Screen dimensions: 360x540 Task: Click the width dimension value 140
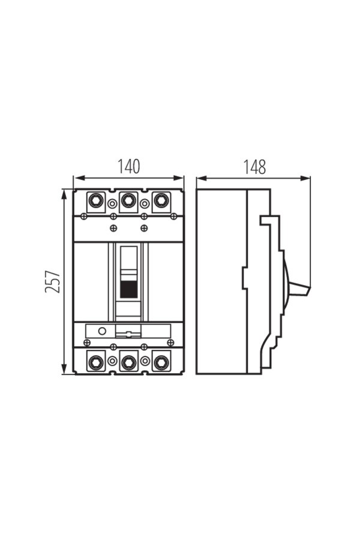pyautogui.click(x=129, y=166)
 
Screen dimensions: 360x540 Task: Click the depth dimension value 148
pyautogui.click(x=255, y=167)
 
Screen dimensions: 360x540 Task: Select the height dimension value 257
pyautogui.click(x=53, y=282)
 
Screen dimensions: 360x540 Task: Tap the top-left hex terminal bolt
pyautogui.click(x=95, y=200)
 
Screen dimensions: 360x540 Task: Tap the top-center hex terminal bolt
pyautogui.click(x=128, y=200)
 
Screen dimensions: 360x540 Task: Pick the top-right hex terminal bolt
pyautogui.click(x=161, y=200)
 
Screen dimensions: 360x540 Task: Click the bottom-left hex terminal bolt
pyautogui.click(x=95, y=362)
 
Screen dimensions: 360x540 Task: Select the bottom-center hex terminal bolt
pyautogui.click(x=128, y=362)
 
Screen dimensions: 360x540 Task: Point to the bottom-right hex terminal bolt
pyautogui.click(x=161, y=362)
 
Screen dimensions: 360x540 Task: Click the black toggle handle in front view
pyautogui.click(x=128, y=289)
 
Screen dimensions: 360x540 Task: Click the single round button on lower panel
pyautogui.click(x=102, y=331)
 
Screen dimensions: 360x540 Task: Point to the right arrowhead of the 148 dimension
pyautogui.click(x=305, y=178)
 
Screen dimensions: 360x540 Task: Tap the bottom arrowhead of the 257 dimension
pyautogui.click(x=64, y=369)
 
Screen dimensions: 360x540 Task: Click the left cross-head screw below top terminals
pyautogui.click(x=83, y=216)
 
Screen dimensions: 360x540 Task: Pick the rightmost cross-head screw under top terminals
pyautogui.click(x=173, y=216)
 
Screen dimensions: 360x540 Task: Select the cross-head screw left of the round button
pyautogui.click(x=87, y=343)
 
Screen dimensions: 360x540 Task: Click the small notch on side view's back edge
pyautogui.click(x=244, y=278)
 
